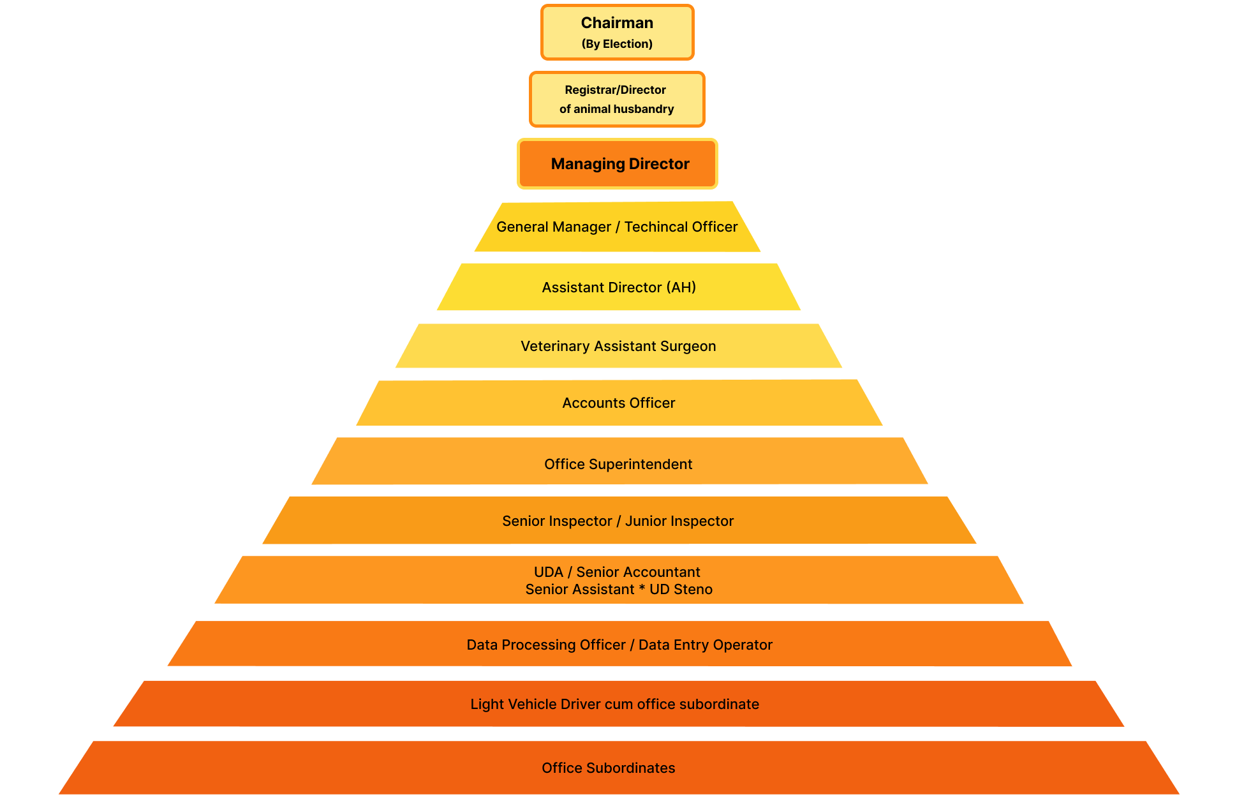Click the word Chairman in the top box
(617, 23)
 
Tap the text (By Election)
(617, 44)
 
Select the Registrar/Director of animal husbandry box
(617, 100)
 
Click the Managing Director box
(617, 164)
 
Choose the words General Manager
(554, 227)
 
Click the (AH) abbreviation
(681, 287)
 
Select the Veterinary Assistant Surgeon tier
(618, 346)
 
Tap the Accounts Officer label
(618, 403)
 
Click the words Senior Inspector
(557, 521)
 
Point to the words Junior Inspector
(679, 521)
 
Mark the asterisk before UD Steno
(642, 588)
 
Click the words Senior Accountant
(638, 572)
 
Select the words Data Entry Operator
(706, 645)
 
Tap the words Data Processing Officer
(546, 645)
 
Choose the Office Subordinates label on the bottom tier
(609, 768)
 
